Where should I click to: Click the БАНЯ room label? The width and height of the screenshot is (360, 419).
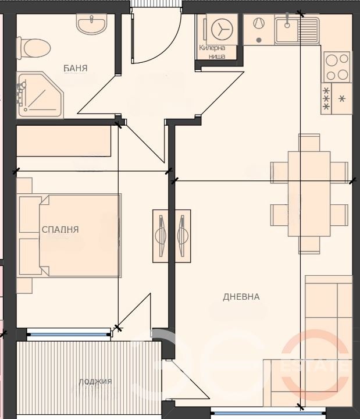(76, 68)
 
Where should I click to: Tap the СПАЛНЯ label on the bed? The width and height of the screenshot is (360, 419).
(60, 229)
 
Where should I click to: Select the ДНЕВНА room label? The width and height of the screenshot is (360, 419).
(241, 297)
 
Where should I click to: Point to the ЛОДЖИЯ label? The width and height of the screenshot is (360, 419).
(95, 382)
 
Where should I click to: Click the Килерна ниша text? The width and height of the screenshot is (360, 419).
(213, 52)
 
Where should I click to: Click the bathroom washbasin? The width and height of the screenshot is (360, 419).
(92, 24)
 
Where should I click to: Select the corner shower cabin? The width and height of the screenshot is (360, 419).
(41, 95)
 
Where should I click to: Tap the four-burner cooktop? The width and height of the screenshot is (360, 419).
(337, 67)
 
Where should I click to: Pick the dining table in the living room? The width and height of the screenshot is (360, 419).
(309, 194)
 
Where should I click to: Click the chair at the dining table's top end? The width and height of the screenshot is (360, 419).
(309, 143)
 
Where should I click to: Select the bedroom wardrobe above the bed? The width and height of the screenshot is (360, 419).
(64, 141)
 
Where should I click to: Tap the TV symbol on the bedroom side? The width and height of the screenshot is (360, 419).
(161, 236)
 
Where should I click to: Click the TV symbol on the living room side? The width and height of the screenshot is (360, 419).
(183, 236)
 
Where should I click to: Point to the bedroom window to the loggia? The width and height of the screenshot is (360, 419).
(69, 334)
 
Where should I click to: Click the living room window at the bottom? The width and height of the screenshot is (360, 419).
(268, 413)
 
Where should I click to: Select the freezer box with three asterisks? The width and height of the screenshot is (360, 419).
(326, 98)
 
